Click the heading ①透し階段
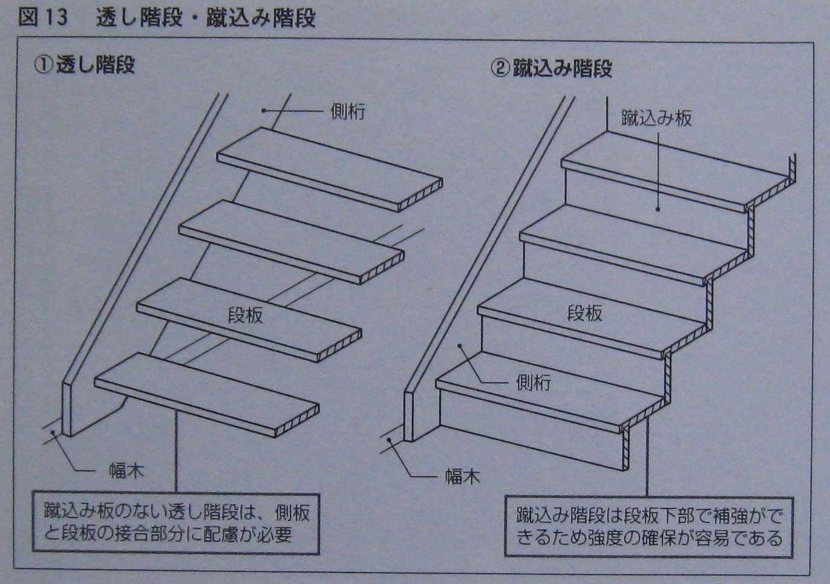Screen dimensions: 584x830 84,65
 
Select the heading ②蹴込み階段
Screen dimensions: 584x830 551,68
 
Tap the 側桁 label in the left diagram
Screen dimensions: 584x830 348,111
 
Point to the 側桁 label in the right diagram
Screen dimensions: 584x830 533,382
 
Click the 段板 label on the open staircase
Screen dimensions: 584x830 245,315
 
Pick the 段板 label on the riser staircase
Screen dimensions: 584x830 584,313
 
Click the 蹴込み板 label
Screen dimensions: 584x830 656,118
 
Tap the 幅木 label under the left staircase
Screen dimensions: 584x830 126,470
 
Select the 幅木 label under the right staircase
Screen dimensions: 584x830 463,476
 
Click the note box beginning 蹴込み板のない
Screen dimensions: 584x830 175,524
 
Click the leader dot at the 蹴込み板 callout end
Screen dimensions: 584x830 658,209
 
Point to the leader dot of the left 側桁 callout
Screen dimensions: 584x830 264,110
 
